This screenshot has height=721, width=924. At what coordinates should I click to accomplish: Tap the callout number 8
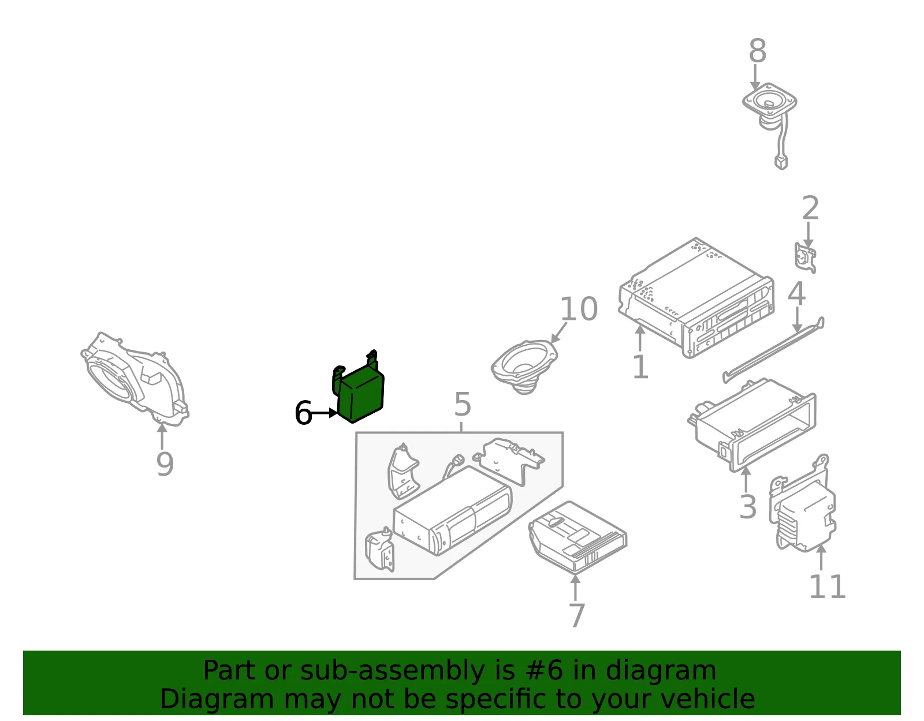coord(757,51)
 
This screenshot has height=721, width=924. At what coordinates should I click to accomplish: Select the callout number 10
coord(579,309)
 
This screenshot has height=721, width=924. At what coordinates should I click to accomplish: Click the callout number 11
coord(827,587)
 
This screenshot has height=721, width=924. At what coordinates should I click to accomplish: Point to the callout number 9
coord(165,464)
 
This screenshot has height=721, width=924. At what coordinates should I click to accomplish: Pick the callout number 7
coord(576,615)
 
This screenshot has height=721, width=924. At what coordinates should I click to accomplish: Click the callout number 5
coord(462,404)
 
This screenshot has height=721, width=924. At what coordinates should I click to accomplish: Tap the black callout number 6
coord(303,413)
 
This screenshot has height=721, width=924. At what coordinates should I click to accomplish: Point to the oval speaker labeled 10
coord(524,366)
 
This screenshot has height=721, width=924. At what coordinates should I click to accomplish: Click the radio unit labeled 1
coord(696,298)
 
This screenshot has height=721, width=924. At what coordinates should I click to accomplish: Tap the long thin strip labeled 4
coord(774,350)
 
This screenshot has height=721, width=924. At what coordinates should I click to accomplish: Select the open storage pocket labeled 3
coord(752,425)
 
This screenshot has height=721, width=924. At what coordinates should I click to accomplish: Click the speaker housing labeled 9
coord(135,379)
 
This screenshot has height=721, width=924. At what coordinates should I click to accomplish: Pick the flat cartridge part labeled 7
coord(577,536)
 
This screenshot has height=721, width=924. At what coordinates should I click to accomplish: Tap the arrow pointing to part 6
coord(324,413)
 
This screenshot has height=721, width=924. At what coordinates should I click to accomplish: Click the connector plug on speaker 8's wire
coord(781,162)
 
